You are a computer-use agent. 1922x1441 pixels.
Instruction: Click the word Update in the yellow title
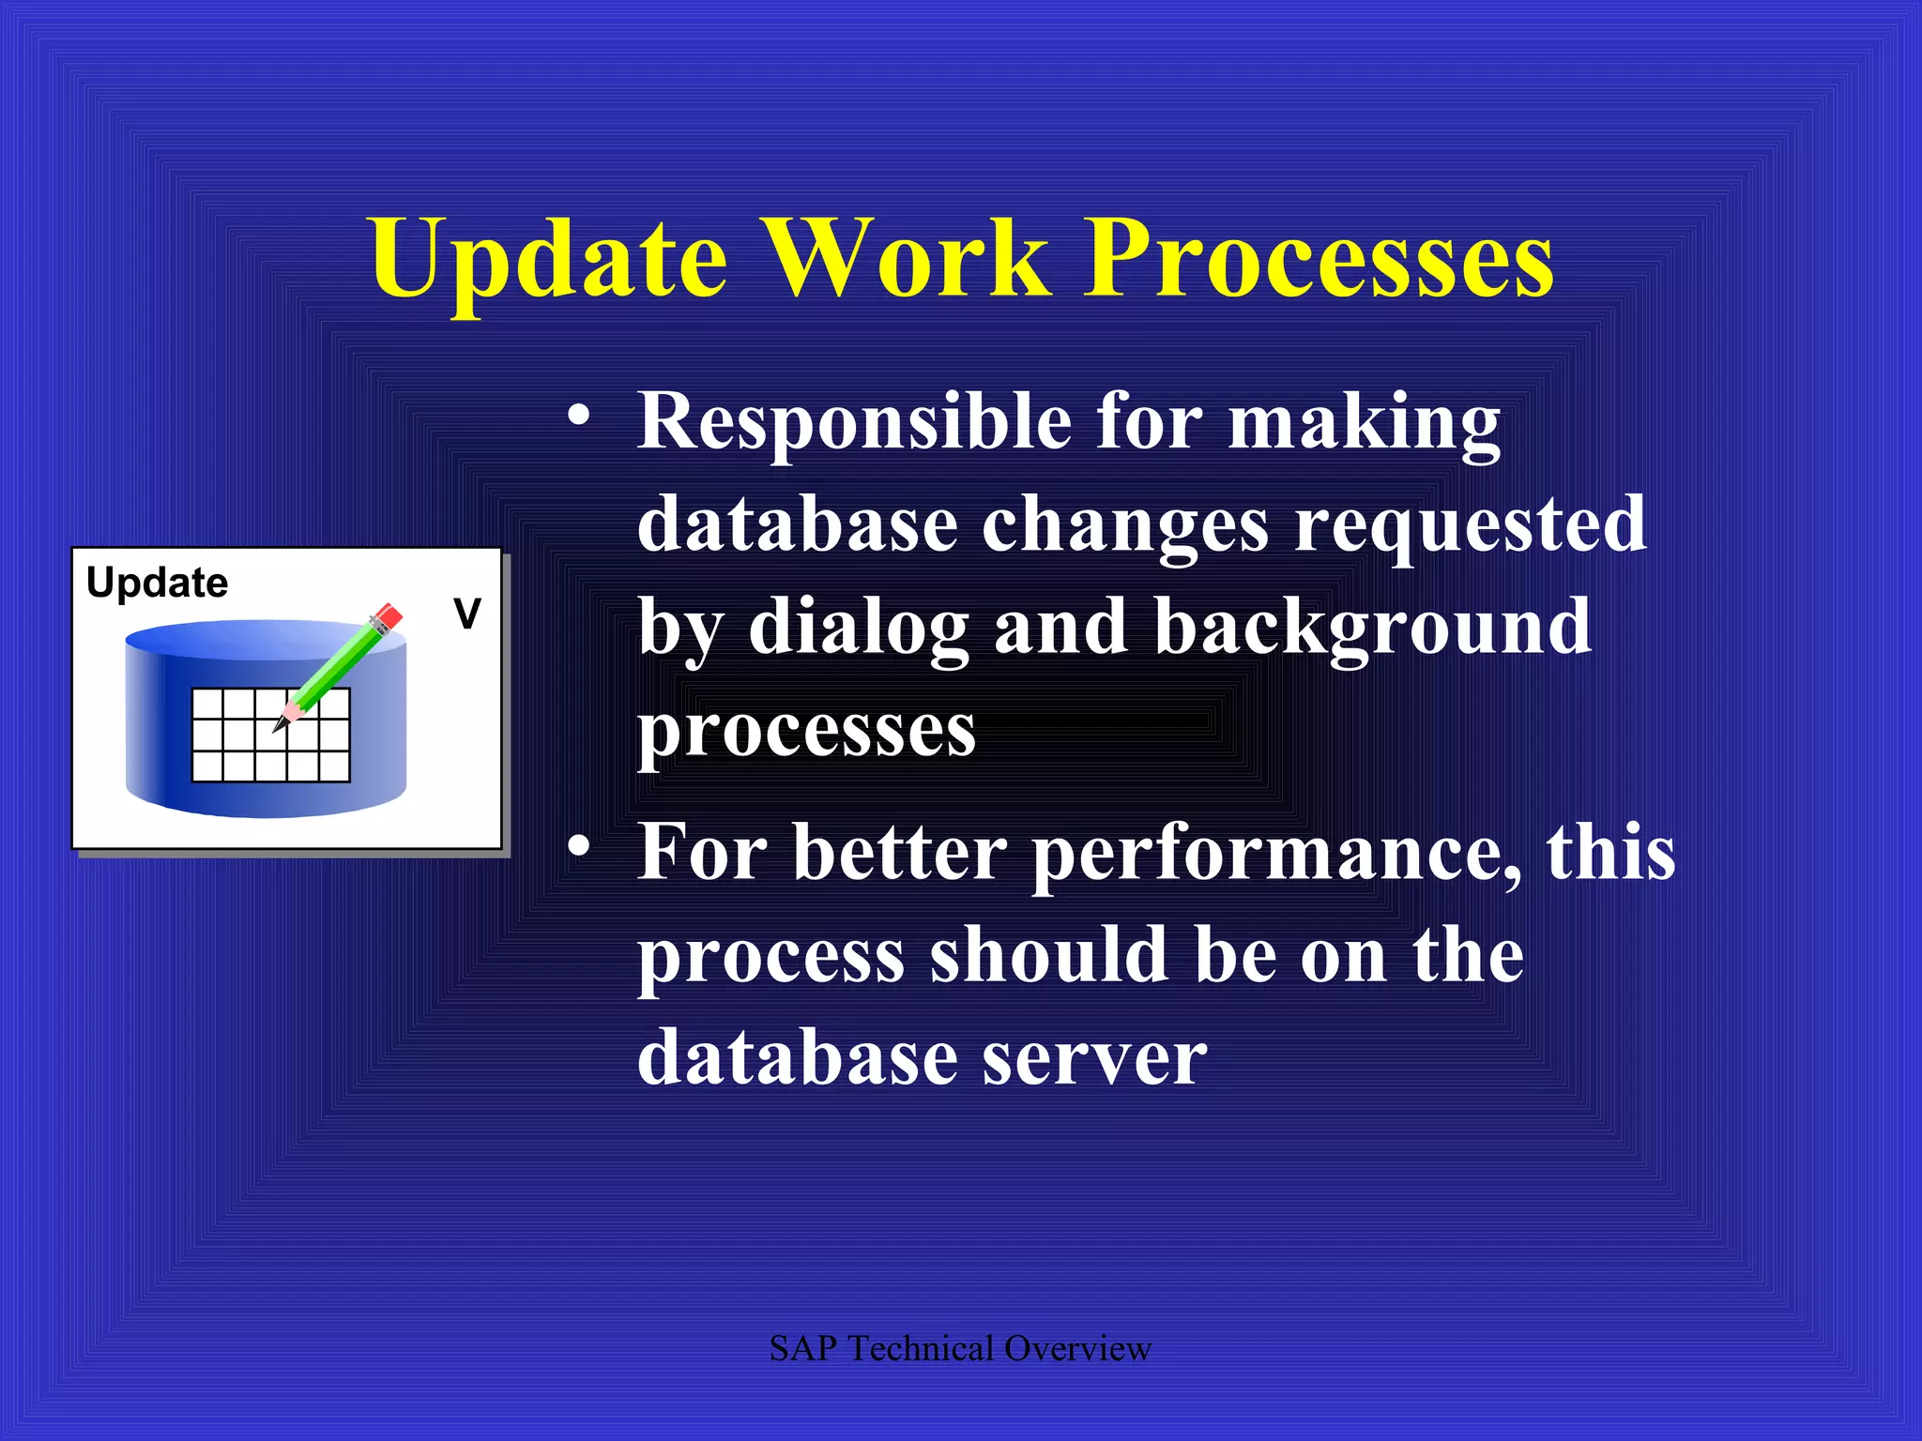click(x=549, y=258)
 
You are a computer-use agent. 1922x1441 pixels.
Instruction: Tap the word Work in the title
click(x=906, y=258)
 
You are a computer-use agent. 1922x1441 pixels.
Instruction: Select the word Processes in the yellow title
click(x=1319, y=258)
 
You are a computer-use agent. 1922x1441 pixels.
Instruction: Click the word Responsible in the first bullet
click(x=854, y=422)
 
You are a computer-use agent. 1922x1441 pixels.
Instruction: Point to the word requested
click(x=1470, y=525)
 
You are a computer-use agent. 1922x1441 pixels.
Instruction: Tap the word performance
click(x=1276, y=854)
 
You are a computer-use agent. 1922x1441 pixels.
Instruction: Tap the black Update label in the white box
click(x=157, y=584)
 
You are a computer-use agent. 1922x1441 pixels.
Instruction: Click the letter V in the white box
click(x=466, y=614)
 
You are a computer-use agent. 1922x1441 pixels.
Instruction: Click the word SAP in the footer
click(x=802, y=1349)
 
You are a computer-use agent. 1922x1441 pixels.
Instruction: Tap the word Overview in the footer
click(x=1076, y=1349)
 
